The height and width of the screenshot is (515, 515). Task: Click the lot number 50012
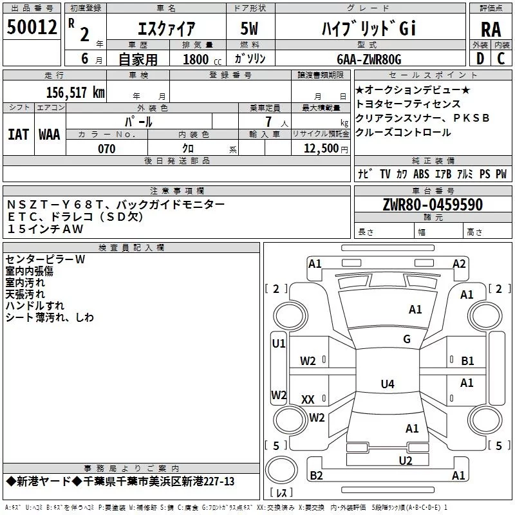click(32, 27)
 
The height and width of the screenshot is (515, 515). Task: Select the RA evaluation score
click(491, 30)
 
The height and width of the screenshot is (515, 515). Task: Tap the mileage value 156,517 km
click(75, 92)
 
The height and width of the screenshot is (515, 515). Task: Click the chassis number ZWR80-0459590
click(433, 205)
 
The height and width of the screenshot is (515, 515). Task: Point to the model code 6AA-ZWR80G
click(369, 59)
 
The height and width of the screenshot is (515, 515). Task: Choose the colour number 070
click(107, 149)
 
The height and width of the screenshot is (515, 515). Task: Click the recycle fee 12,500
click(321, 149)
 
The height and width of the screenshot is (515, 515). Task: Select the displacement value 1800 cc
click(202, 59)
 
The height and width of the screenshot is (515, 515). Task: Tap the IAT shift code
click(18, 135)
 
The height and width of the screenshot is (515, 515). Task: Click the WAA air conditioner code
click(50, 135)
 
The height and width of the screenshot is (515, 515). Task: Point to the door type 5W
click(249, 28)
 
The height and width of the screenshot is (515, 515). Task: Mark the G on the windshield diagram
click(407, 339)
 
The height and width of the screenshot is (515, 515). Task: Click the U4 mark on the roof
click(388, 384)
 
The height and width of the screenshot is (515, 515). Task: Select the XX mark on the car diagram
click(308, 399)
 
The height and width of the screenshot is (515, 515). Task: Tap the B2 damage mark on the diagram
click(316, 475)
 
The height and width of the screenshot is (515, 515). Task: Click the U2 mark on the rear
click(406, 461)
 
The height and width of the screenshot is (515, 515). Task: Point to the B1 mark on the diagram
click(467, 361)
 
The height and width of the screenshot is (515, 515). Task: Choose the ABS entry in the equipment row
click(422, 174)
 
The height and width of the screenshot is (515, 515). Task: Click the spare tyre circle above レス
click(281, 470)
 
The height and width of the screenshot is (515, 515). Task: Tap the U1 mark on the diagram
click(279, 344)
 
